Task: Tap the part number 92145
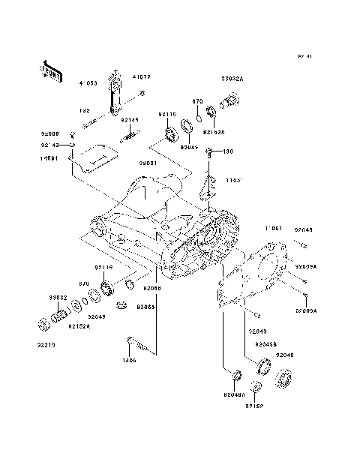point(130,120)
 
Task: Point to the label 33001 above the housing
point(147,162)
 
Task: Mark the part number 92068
point(152,288)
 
